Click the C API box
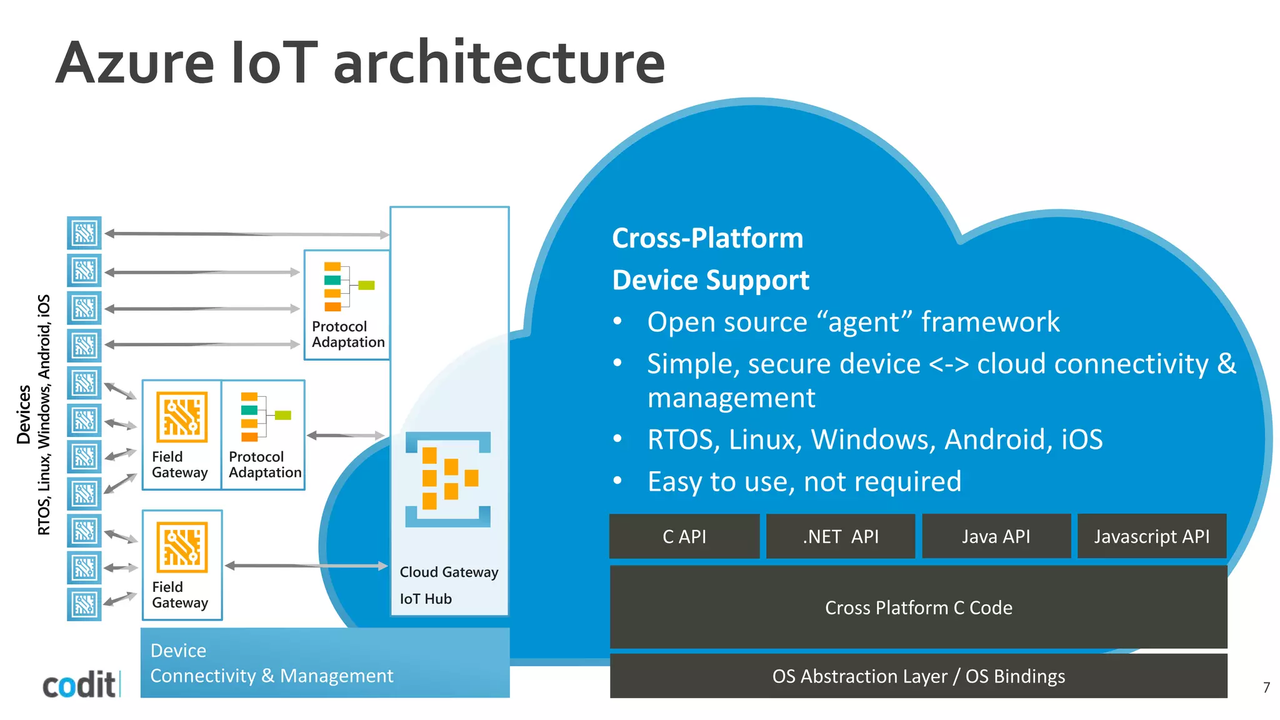coord(684,536)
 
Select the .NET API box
coord(840,536)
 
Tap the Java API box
coord(996,536)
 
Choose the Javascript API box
coord(1151,536)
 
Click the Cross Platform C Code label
coord(918,607)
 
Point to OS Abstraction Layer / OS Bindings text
coord(918,676)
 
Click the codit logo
coord(79,684)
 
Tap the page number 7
coord(1266,687)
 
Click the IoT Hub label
coord(426,599)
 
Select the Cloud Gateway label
coord(449,572)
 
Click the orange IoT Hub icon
coord(448,479)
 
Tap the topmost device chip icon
coord(84,233)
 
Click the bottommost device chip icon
coord(84,604)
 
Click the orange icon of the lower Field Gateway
coord(182,547)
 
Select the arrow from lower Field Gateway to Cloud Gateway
coord(306,566)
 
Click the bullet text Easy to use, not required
coord(804,481)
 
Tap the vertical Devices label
coord(24,414)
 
